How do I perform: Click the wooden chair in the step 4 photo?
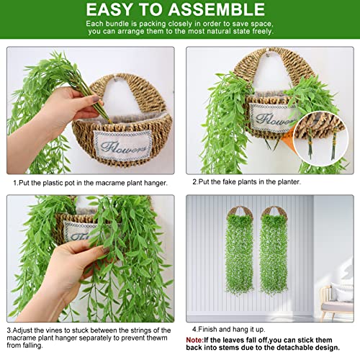pyautogui.click(x=336, y=300)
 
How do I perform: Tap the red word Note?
pyautogui.click(x=196, y=338)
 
